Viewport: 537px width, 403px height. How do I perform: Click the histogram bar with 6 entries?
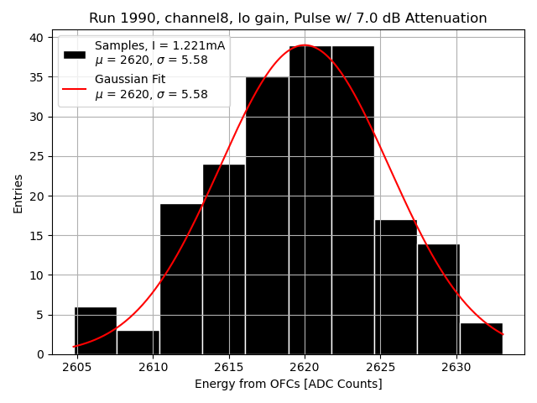[95, 331]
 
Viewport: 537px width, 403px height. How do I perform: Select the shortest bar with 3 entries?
[138, 343]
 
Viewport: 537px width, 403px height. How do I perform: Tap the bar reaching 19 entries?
[181, 279]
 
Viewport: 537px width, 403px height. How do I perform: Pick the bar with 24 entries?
[224, 259]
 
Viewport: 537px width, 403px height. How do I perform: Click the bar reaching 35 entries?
[267, 216]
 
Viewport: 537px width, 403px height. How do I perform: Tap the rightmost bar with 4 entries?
[481, 338]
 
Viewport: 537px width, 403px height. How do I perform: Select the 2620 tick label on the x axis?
[305, 368]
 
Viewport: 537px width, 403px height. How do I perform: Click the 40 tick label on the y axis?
[38, 38]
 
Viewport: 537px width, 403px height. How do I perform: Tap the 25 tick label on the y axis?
[38, 156]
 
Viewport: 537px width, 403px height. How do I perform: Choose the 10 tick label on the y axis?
[38, 275]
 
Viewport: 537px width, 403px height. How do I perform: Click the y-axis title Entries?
[18, 193]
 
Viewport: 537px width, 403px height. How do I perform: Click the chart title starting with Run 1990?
[288, 18]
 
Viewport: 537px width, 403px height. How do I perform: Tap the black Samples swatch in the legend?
[75, 54]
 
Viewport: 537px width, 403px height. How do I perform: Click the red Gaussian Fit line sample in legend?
[75, 87]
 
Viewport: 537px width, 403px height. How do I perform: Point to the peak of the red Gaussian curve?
[305, 45]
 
